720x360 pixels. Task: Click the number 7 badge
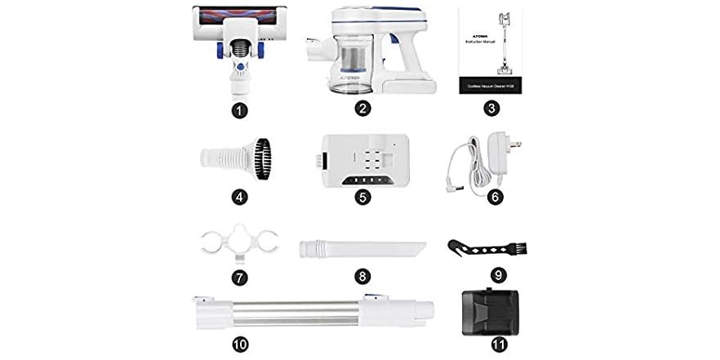click(239, 277)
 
